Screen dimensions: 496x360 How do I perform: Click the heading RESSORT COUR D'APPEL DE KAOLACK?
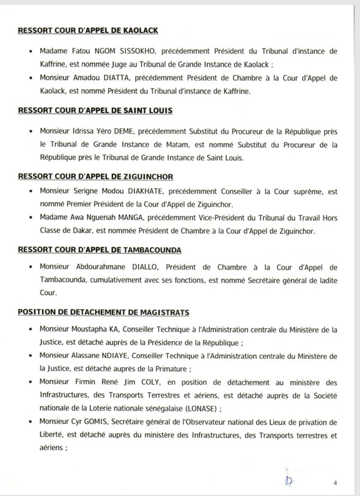pyautogui.click(x=89, y=31)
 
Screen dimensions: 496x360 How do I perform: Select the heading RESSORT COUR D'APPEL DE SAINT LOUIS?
pyautogui.click(x=95, y=111)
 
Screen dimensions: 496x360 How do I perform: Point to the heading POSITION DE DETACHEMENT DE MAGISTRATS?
pyautogui.click(x=103, y=313)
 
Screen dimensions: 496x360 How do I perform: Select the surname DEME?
pyautogui.click(x=123, y=131)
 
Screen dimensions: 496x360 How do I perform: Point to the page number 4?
pyautogui.click(x=334, y=482)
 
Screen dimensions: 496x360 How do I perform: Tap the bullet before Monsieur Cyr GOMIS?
pyautogui.click(x=32, y=423)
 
